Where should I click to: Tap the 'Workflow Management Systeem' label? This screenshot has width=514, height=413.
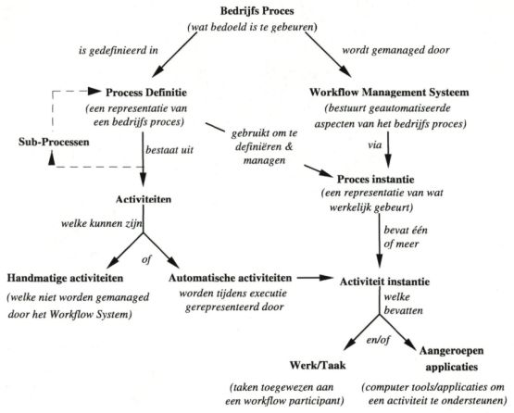(389, 92)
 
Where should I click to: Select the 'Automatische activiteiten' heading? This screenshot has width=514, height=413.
(232, 278)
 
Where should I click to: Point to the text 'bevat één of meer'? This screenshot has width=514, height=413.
(411, 233)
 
